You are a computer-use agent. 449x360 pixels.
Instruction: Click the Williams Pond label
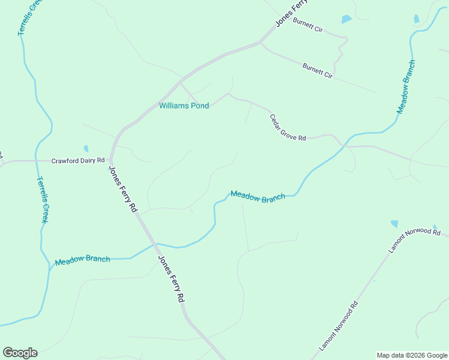pyautogui.click(x=184, y=106)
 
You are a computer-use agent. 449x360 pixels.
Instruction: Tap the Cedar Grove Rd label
pyautogui.click(x=288, y=128)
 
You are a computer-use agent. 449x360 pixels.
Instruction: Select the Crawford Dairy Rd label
pyautogui.click(x=78, y=161)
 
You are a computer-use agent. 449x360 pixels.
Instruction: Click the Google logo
pyautogui.click(x=20, y=353)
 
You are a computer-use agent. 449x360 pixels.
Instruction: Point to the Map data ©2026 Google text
pyautogui.click(x=411, y=355)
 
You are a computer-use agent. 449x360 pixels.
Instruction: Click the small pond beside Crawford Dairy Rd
pyautogui.click(x=86, y=148)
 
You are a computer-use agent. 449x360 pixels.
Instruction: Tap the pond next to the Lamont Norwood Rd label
pyautogui.click(x=394, y=224)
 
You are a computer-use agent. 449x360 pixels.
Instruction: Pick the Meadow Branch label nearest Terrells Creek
pyautogui.click(x=82, y=260)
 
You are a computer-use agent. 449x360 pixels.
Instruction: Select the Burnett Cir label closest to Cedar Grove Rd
pyautogui.click(x=318, y=71)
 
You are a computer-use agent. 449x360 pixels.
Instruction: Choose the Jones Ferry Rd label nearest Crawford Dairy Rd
pyautogui.click(x=124, y=188)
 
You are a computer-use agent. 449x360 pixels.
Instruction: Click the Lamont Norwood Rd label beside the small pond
pyautogui.click(x=415, y=239)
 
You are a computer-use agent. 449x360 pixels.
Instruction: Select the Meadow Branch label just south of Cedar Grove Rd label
pyautogui.click(x=258, y=196)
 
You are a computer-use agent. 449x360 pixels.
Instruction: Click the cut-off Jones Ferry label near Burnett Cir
pyautogui.click(x=291, y=13)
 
